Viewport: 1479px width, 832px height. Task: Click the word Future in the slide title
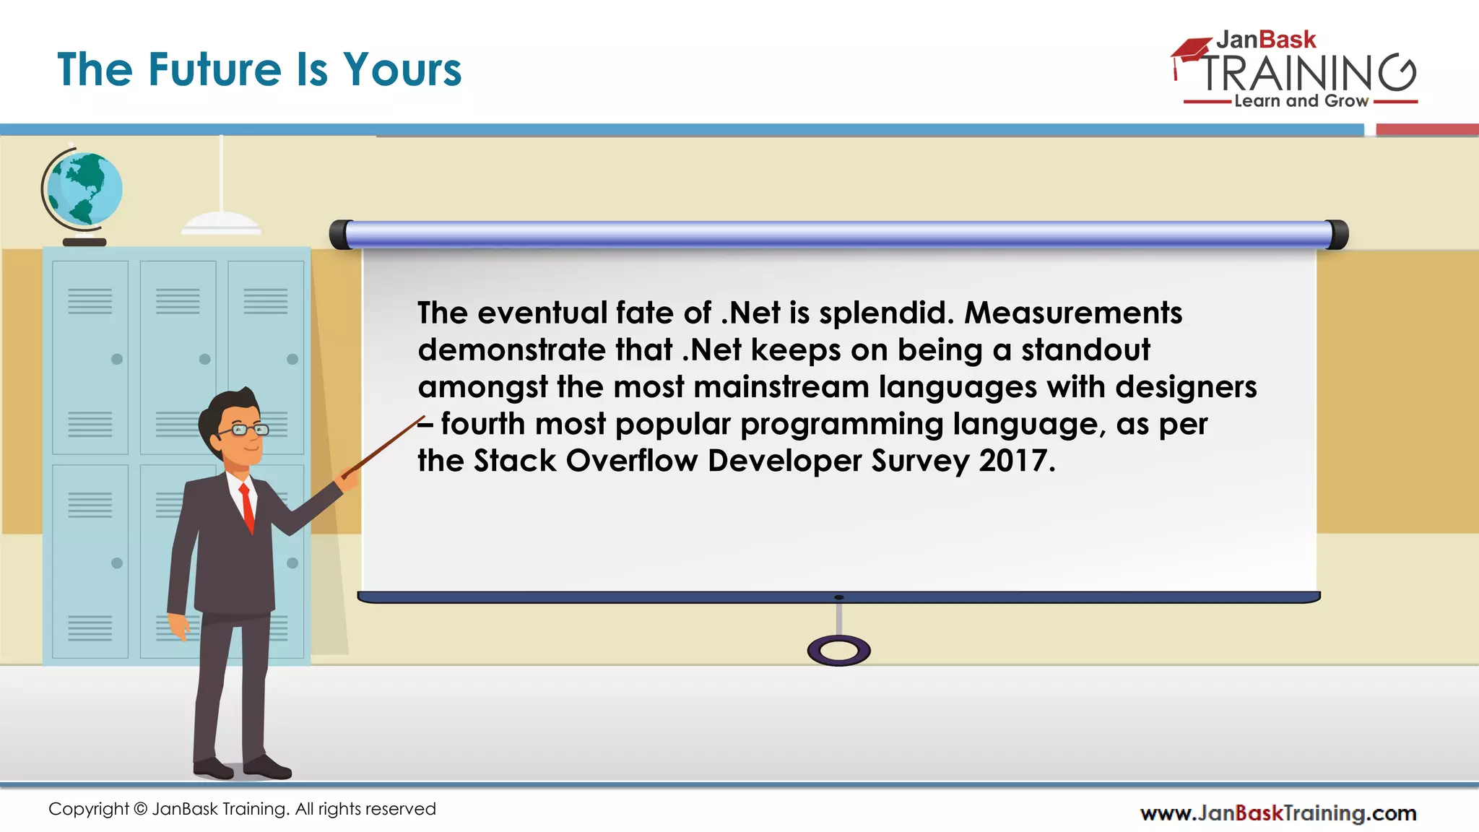(x=214, y=70)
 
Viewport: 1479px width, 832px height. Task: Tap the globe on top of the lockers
(x=84, y=189)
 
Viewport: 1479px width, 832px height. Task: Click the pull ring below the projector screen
(x=838, y=651)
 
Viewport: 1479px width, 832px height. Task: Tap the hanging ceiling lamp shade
(x=221, y=223)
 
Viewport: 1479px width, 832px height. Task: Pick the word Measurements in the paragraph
(x=1073, y=313)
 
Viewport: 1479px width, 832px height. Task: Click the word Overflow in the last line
(x=632, y=461)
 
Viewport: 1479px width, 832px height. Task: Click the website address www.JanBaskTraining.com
(x=1278, y=813)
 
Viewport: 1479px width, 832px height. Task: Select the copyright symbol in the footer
(x=141, y=810)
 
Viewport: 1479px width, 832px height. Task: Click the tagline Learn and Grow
(x=1301, y=101)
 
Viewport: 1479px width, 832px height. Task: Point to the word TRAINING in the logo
(x=1307, y=73)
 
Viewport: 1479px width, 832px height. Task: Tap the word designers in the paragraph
(x=1186, y=387)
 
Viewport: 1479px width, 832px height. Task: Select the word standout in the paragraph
(x=1085, y=350)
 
